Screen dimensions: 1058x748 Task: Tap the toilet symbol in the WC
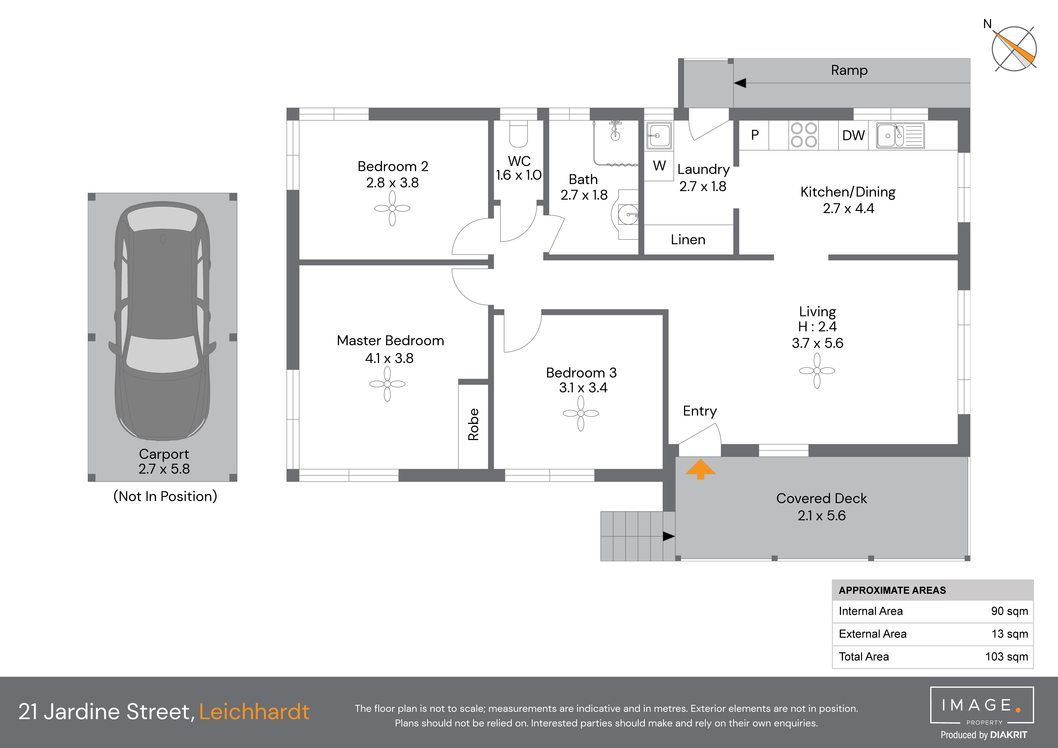[x=518, y=133]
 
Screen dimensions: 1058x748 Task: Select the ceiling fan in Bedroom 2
[x=392, y=208]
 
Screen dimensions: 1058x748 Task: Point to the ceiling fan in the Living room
[x=817, y=371]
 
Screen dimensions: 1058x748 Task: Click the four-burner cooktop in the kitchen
[x=804, y=135]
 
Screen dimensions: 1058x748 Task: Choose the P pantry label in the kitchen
[x=755, y=135]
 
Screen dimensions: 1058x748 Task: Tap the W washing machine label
[x=659, y=166]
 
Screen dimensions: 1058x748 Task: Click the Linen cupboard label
[x=688, y=240]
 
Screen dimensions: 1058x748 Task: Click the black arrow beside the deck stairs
[x=669, y=536]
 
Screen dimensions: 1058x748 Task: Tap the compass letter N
[x=987, y=24]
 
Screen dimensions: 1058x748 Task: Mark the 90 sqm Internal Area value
[x=1010, y=611]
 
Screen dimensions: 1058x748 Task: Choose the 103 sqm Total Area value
[x=1006, y=657]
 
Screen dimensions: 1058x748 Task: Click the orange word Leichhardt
[x=254, y=712]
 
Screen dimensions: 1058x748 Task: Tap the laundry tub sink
[x=659, y=135]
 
